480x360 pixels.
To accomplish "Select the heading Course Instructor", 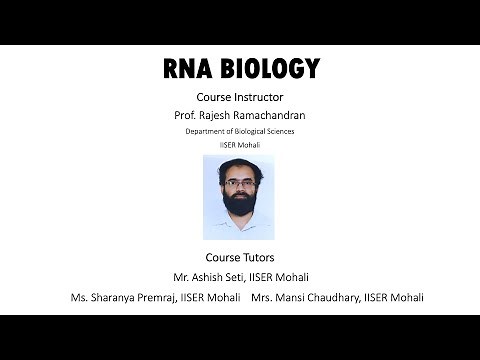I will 240,99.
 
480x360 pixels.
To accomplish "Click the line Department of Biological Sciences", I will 240,131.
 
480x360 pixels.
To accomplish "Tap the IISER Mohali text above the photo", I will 240,145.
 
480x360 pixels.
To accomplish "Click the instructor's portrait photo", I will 239,197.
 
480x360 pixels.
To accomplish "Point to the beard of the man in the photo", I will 240,215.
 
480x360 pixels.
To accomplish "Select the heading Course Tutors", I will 240,258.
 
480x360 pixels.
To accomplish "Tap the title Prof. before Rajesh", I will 187,115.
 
